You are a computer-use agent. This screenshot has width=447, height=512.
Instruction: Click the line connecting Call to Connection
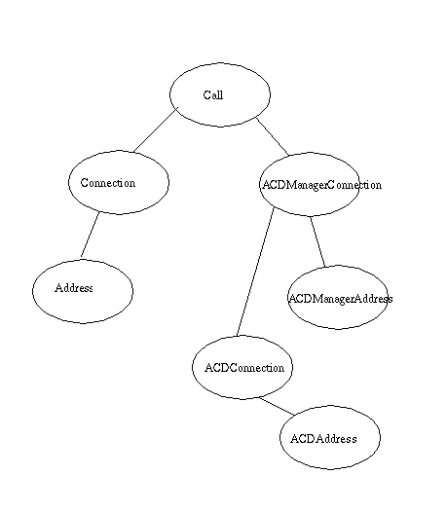[x=156, y=130]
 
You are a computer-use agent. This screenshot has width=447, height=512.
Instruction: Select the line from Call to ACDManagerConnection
[x=272, y=136]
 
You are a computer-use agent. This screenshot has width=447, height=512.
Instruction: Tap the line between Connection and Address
[x=90, y=235]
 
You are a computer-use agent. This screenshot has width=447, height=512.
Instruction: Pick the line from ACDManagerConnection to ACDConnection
[x=255, y=272]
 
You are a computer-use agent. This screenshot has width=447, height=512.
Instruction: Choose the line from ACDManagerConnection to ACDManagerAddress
[x=317, y=241]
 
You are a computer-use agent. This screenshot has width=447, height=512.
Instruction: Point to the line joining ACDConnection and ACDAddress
[x=278, y=407]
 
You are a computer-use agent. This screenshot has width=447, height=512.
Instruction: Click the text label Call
[x=213, y=95]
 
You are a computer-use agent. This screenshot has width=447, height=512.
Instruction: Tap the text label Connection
[x=108, y=183]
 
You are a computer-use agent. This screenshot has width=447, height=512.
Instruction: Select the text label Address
[x=74, y=288]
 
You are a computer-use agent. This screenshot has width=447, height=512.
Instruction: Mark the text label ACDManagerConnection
[x=321, y=185]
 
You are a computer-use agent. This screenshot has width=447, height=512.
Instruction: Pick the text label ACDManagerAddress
[x=341, y=299]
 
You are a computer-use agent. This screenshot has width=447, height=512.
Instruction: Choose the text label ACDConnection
[x=244, y=368]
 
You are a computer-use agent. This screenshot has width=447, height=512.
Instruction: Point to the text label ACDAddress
[x=323, y=439]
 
